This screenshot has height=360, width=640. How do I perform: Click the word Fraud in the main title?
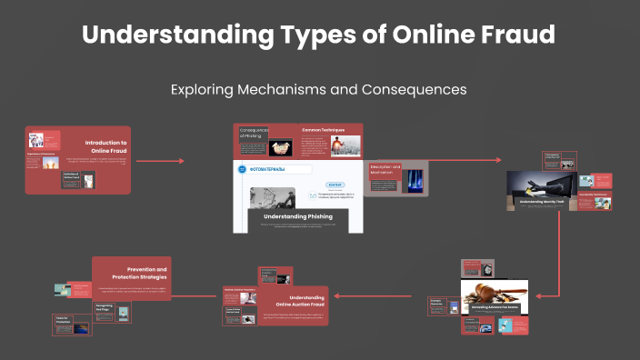512,36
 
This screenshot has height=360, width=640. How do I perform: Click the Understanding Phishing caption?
298,216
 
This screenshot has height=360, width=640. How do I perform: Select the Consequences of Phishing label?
254,134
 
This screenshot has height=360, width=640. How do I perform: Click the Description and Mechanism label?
385,170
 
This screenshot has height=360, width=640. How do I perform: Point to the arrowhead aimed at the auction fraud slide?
334,295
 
